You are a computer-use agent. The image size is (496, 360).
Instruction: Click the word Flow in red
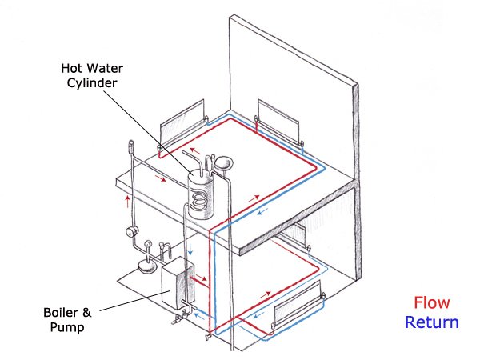(431, 303)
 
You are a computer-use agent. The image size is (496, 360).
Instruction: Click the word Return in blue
(431, 323)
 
